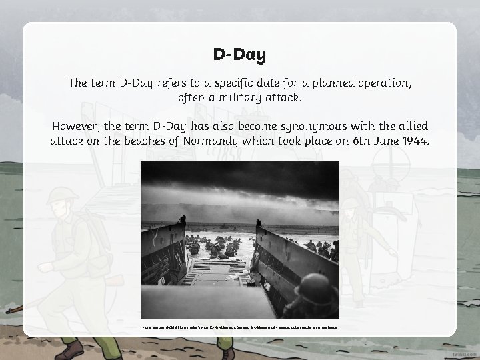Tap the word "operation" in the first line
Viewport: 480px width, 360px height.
tap(382, 84)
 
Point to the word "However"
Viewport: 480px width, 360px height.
tap(79, 127)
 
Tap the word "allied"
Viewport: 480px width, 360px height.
tap(404, 127)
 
